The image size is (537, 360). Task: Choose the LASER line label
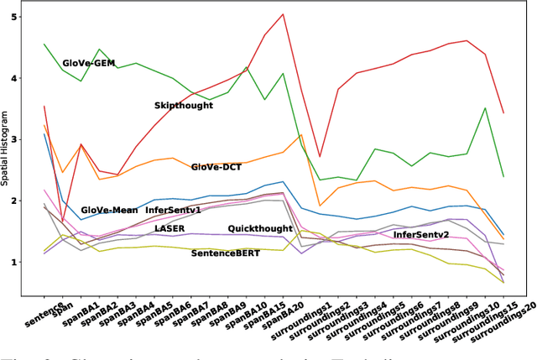click(169, 227)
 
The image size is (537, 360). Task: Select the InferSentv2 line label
click(421, 234)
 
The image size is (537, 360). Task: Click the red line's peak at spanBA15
click(283, 14)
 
